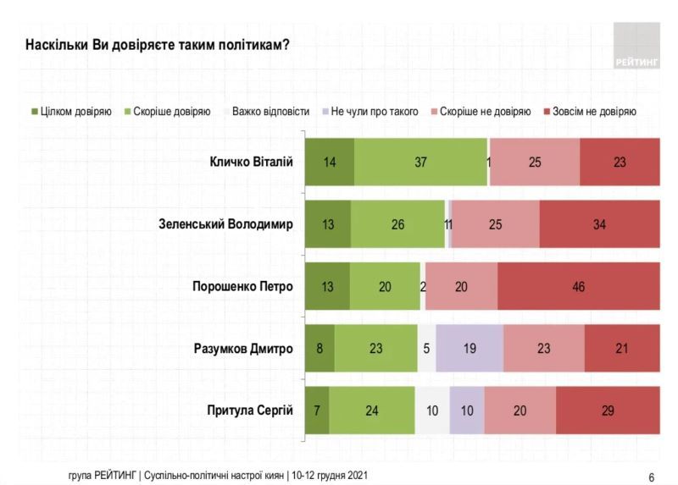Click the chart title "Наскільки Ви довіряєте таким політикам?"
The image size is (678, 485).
pyautogui.click(x=158, y=44)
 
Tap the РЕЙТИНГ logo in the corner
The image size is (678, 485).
pyautogui.click(x=636, y=46)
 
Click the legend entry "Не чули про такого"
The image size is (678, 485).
pyautogui.click(x=374, y=111)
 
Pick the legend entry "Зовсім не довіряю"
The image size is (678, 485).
pyautogui.click(x=593, y=111)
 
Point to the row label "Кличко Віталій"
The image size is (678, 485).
pyautogui.click(x=251, y=162)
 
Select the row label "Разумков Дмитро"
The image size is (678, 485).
pyautogui.click(x=243, y=349)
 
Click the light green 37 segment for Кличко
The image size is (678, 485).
pyautogui.click(x=420, y=162)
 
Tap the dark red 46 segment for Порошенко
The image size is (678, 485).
pyautogui.click(x=578, y=286)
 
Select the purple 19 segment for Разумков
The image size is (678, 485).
pyautogui.click(x=470, y=349)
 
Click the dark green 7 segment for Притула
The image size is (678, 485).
pyautogui.click(x=317, y=411)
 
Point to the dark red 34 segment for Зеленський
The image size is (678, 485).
pyautogui.click(x=599, y=224)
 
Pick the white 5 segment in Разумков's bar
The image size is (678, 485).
pyautogui.click(x=427, y=349)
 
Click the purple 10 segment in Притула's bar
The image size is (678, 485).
pyautogui.click(x=467, y=411)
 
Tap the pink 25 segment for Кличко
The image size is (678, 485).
pyautogui.click(x=535, y=162)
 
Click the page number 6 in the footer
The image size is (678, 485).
pyautogui.click(x=651, y=475)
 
